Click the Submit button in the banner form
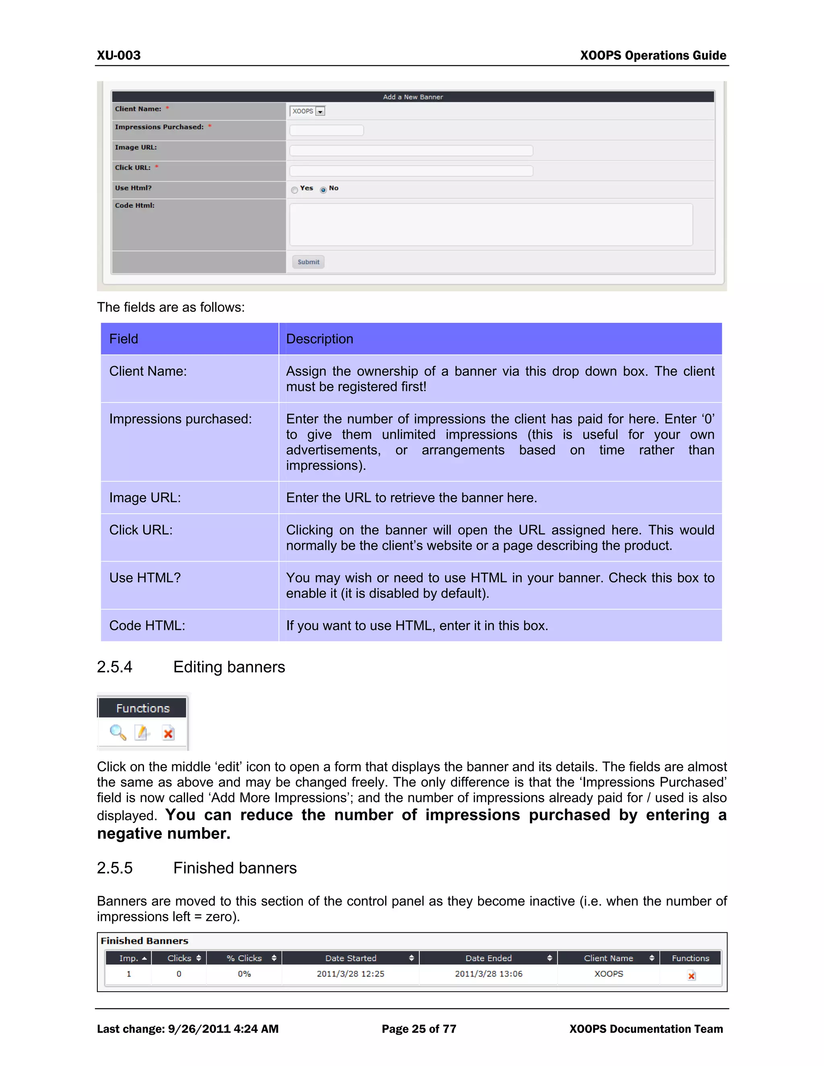pyautogui.click(x=308, y=262)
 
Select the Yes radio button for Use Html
pyautogui.click(x=295, y=190)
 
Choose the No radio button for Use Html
pyautogui.click(x=323, y=190)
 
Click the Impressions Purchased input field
pyautogui.click(x=326, y=130)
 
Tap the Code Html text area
pyautogui.click(x=490, y=224)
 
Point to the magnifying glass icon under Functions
pyautogui.click(x=117, y=732)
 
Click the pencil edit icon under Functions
pyautogui.click(x=142, y=733)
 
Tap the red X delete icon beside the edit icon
pyautogui.click(x=169, y=733)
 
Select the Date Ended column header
pyautogui.click(x=488, y=958)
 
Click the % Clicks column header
pyautogui.click(x=244, y=958)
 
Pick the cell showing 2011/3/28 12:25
pyautogui.click(x=350, y=974)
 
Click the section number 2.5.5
pyautogui.click(x=115, y=868)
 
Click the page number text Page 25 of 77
pyautogui.click(x=419, y=1029)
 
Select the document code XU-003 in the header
pyautogui.click(x=119, y=55)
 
